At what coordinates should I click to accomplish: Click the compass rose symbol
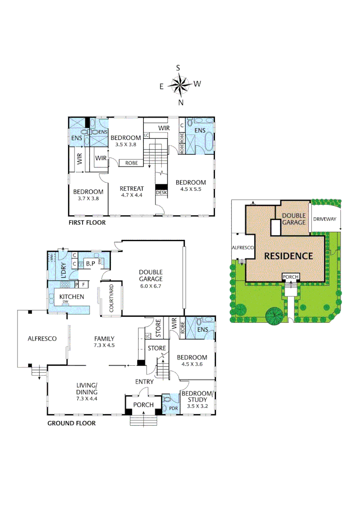tap(180, 85)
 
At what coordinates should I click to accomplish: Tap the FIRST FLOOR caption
tap(87, 222)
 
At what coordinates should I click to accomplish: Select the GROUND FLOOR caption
tap(71, 423)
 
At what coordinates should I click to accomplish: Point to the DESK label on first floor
tap(161, 193)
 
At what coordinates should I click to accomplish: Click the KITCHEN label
tap(71, 296)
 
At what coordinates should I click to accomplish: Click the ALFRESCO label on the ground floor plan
tap(42, 338)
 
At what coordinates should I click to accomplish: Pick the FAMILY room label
tap(105, 338)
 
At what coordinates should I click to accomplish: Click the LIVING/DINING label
tap(87, 388)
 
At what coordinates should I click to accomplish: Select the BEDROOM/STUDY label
tap(197, 396)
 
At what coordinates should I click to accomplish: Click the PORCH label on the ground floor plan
tap(143, 405)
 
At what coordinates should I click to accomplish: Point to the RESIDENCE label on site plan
tap(288, 256)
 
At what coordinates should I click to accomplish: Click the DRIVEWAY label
tap(325, 220)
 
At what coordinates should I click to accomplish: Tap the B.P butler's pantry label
tap(90, 263)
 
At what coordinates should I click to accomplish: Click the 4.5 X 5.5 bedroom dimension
tap(190, 190)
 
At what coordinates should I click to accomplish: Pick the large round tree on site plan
tap(273, 315)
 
